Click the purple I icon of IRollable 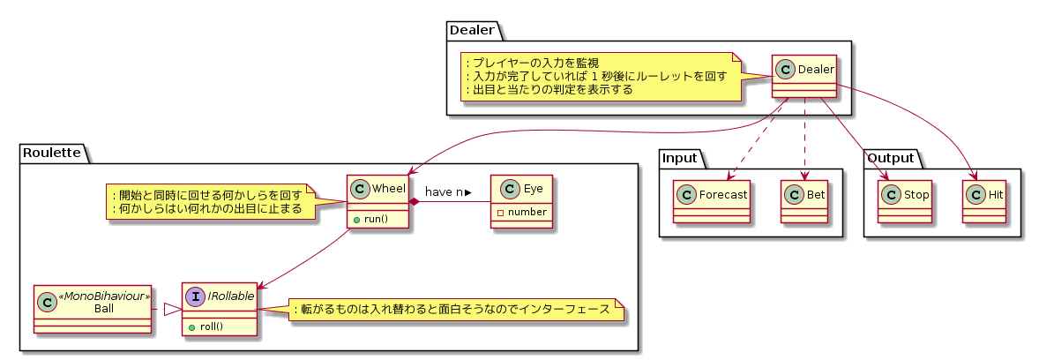coord(195,297)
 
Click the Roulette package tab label coord(52,153)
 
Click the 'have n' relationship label coord(447,191)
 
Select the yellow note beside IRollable coord(452,310)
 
